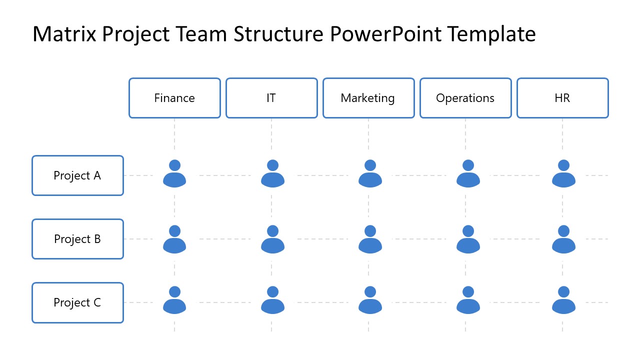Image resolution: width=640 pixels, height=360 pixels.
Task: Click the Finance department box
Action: coord(174,98)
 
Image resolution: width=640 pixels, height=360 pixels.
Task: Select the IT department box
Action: coord(271,98)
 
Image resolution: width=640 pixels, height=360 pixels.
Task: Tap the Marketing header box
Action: coord(368,98)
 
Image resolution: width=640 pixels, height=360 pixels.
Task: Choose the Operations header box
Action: coord(465,98)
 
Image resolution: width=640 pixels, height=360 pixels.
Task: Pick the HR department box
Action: coord(562,98)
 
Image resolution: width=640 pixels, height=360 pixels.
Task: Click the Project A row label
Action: coord(77,175)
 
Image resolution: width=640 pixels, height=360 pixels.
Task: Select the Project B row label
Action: coord(77,239)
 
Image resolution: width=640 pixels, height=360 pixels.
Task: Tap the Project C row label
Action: coord(77,302)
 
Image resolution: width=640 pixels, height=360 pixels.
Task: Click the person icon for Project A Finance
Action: coord(174,174)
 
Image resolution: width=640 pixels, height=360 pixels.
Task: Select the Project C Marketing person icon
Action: coord(370,300)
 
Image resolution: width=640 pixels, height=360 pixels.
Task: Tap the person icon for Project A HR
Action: coord(563,174)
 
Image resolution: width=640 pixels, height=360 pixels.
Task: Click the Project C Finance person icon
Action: coord(174,300)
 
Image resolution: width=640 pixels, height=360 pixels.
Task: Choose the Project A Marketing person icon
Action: coord(370,174)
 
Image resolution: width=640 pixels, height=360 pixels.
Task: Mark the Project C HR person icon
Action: coord(563,300)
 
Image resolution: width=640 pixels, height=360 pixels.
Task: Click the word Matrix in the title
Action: coord(64,34)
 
